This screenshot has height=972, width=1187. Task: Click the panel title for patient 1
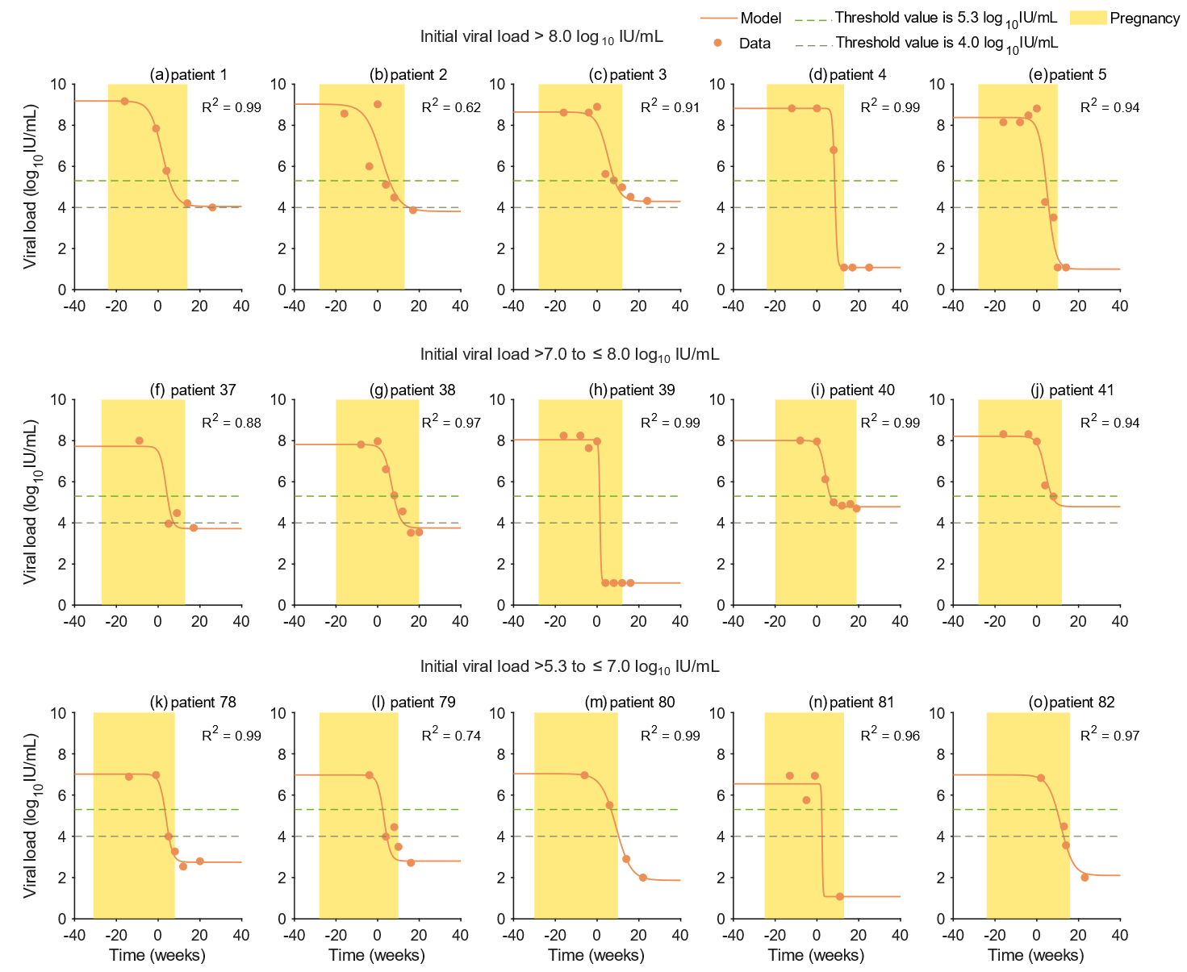189,75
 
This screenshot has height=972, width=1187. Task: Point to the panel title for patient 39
632,390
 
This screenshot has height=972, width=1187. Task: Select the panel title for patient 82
1072,703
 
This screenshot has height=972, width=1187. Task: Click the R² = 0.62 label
451,107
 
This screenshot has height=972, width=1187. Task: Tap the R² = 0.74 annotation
451,735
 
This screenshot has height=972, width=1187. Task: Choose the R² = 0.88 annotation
232,422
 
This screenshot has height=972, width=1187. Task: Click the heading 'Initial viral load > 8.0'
541,37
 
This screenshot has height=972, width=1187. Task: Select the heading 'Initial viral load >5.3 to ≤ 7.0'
570,667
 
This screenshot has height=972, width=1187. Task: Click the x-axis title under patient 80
596,956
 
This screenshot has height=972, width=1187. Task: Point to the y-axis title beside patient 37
31,501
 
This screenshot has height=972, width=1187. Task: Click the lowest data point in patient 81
840,896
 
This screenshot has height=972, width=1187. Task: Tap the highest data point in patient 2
378,104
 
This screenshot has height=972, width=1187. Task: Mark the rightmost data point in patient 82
1085,878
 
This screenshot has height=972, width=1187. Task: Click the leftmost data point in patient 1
124,102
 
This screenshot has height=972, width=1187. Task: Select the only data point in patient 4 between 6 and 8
834,150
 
